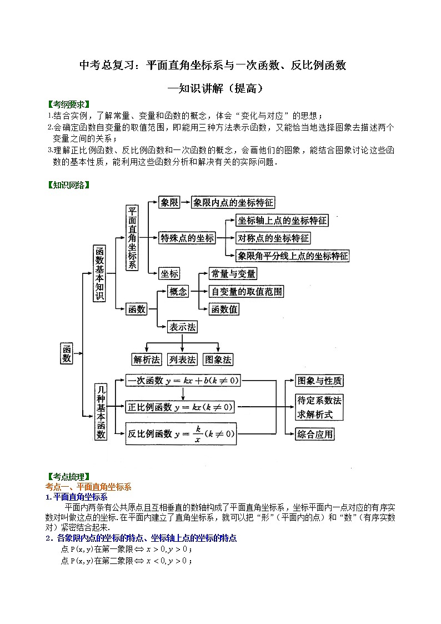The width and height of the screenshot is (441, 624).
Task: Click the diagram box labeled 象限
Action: point(169,203)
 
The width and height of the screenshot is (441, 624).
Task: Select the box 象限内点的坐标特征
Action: point(233,203)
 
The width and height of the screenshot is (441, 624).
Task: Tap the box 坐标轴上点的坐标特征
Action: point(282,221)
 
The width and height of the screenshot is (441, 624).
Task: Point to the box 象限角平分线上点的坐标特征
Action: point(293,256)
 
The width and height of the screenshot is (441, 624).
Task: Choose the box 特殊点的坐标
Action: point(187,238)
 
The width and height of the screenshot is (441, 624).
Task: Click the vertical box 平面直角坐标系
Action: point(132,238)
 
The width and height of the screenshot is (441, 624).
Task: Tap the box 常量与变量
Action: point(233,273)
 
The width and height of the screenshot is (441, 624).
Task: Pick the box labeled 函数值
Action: point(224,309)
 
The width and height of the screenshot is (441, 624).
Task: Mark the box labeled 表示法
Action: point(183,327)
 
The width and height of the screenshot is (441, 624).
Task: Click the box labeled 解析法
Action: point(147,360)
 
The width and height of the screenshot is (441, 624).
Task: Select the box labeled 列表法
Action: point(183,360)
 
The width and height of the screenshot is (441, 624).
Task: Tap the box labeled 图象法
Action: point(218,360)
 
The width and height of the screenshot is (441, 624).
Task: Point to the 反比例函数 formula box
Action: point(181,433)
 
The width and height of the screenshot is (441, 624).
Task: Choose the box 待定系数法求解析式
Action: point(319,407)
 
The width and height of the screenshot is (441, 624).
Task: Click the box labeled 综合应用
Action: point(315,434)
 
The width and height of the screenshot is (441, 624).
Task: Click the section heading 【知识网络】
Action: point(69,185)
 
